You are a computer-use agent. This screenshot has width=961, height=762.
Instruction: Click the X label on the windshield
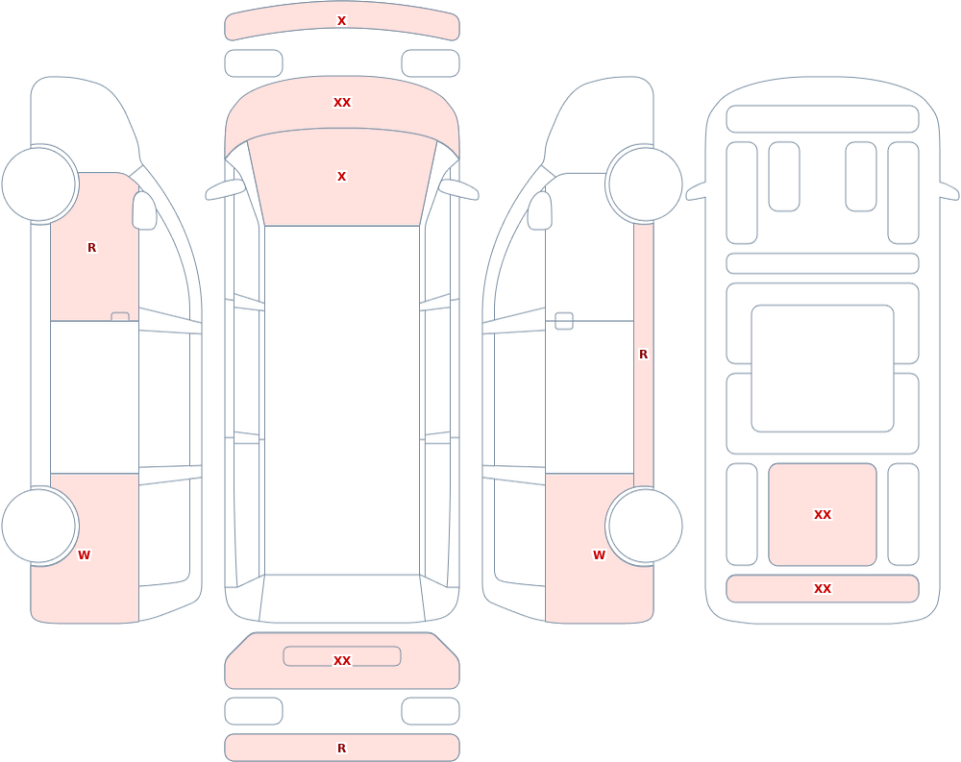pos(341,177)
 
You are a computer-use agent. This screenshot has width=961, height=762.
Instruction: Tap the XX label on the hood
pos(342,103)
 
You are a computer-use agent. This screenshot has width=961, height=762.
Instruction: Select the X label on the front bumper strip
pos(341,21)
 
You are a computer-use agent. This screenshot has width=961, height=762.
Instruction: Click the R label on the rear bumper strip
pos(341,748)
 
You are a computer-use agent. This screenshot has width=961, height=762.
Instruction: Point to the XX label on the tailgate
pos(342,661)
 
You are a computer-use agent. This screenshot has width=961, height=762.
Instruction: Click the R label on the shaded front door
pos(91,248)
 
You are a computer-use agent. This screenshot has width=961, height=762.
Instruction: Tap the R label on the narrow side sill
pos(643,355)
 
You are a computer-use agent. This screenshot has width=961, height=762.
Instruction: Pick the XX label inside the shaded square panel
pos(823,515)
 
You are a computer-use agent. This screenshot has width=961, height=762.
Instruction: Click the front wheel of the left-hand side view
pos(39,184)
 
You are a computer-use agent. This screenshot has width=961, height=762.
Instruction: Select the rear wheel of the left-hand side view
pos(39,526)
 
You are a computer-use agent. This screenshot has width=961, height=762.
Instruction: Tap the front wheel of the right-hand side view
pos(644,184)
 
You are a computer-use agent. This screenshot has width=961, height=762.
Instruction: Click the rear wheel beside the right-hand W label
pos(644,526)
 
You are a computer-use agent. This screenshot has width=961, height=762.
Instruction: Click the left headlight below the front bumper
pos(254,63)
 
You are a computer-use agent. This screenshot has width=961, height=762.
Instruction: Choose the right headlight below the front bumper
pos(431,63)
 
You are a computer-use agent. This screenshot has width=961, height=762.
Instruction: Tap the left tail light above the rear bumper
pos(254,711)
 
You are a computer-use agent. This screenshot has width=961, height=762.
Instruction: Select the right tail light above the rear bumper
pos(431,711)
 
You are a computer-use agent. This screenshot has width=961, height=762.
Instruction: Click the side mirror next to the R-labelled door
pos(145,210)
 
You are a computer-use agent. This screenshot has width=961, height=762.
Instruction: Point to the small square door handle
pos(564,321)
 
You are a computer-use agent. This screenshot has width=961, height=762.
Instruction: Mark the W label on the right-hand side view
pos(599,555)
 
